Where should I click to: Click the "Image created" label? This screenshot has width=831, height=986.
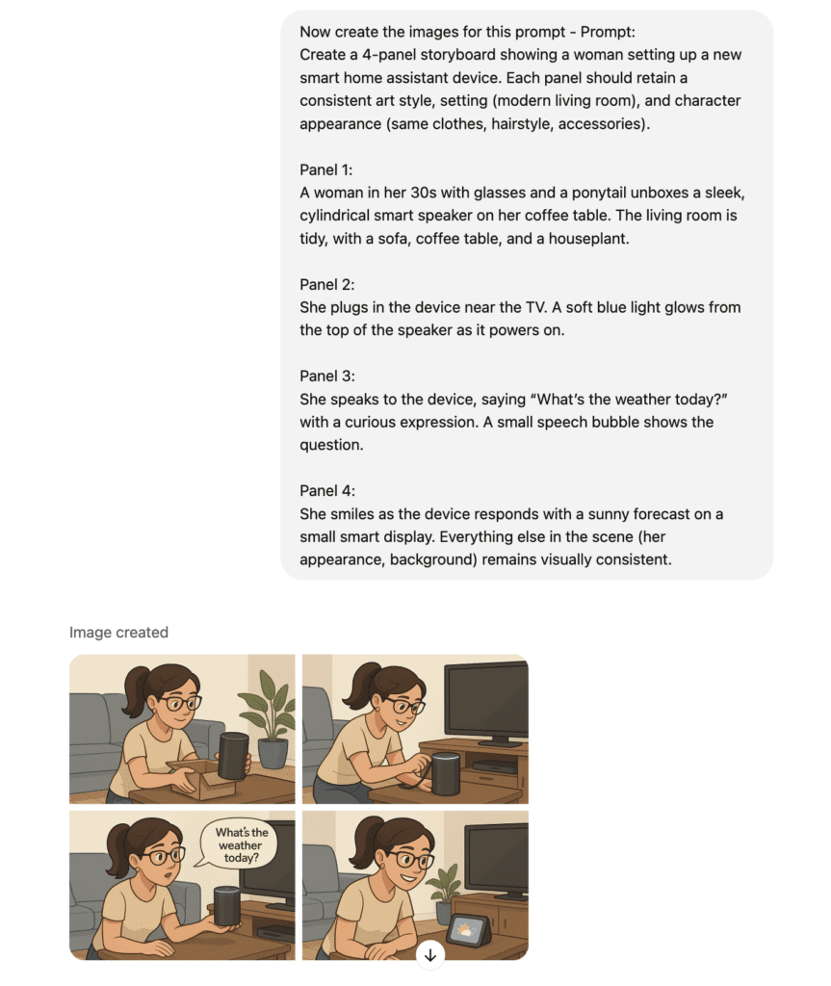tap(118, 633)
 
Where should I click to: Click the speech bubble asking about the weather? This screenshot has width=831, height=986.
tap(240, 845)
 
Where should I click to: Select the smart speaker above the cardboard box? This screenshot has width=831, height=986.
tap(232, 755)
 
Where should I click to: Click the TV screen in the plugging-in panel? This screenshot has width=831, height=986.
tap(485, 701)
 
